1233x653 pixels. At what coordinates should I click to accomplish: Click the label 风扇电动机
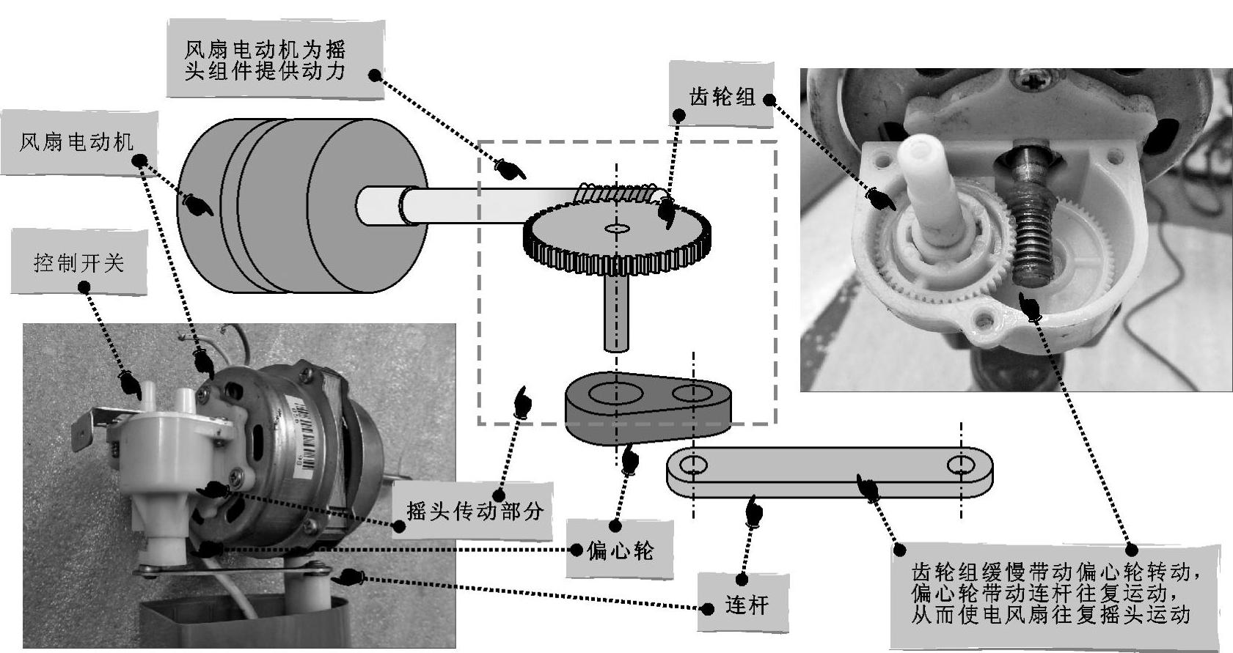(x=77, y=142)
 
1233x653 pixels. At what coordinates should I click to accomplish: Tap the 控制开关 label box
(x=78, y=262)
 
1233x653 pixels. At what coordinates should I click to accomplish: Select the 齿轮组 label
(x=722, y=96)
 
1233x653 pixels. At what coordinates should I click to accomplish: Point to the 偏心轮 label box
(x=620, y=550)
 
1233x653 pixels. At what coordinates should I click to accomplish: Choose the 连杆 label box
(x=745, y=605)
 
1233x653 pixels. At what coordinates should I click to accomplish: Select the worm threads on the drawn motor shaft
(x=620, y=193)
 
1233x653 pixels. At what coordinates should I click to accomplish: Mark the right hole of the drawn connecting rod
(x=959, y=465)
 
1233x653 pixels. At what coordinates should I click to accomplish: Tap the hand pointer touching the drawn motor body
(x=197, y=204)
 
